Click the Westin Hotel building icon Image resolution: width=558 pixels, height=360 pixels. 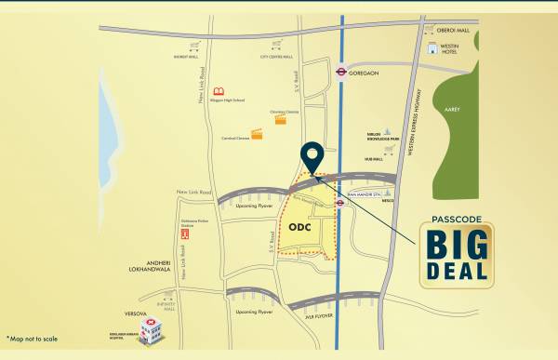[432, 48]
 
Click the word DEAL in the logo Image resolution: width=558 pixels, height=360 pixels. [456, 269]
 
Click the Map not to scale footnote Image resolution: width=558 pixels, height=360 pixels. [32, 340]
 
